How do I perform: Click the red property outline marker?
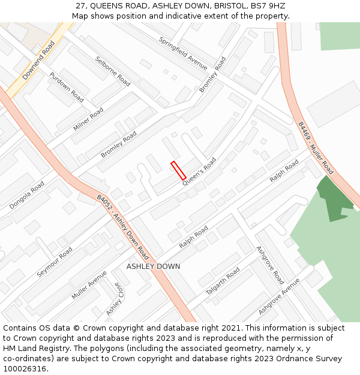pyautogui.click(x=178, y=170)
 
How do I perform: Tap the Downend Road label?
pyautogui.click(x=38, y=61)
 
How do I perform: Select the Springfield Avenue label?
pyautogui.click(x=183, y=53)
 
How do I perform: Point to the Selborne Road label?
pyautogui.click(x=113, y=71)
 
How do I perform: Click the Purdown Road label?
pyautogui.click(x=67, y=87)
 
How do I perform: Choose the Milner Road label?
pyautogui.click(x=88, y=119)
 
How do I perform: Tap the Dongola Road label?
pyautogui.click(x=27, y=196)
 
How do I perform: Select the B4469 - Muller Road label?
pyautogui.click(x=316, y=148)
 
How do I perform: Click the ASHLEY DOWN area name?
pyautogui.click(x=153, y=266)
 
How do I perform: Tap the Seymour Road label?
pyautogui.click(x=55, y=262)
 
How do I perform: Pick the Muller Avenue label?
pyautogui.click(x=89, y=285)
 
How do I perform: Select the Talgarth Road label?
pyautogui.click(x=223, y=281)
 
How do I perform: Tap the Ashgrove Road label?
pyautogui.click(x=270, y=265)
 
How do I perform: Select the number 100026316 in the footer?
pyautogui.click(x=25, y=368)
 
